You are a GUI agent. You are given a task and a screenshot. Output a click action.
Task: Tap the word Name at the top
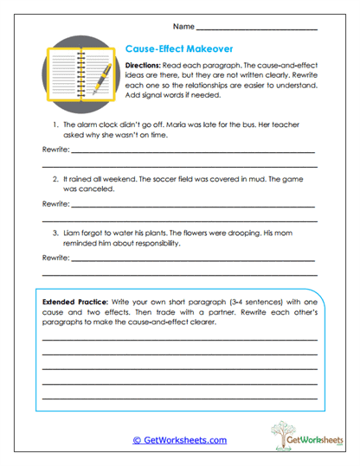183,27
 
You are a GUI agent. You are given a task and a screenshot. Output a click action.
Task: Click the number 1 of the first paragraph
55,125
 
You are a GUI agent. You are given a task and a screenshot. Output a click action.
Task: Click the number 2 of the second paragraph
55,177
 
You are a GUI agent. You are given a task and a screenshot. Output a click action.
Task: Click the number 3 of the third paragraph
55,233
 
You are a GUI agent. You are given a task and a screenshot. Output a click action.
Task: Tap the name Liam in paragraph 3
72,233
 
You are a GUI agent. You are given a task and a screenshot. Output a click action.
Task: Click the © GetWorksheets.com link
179,440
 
